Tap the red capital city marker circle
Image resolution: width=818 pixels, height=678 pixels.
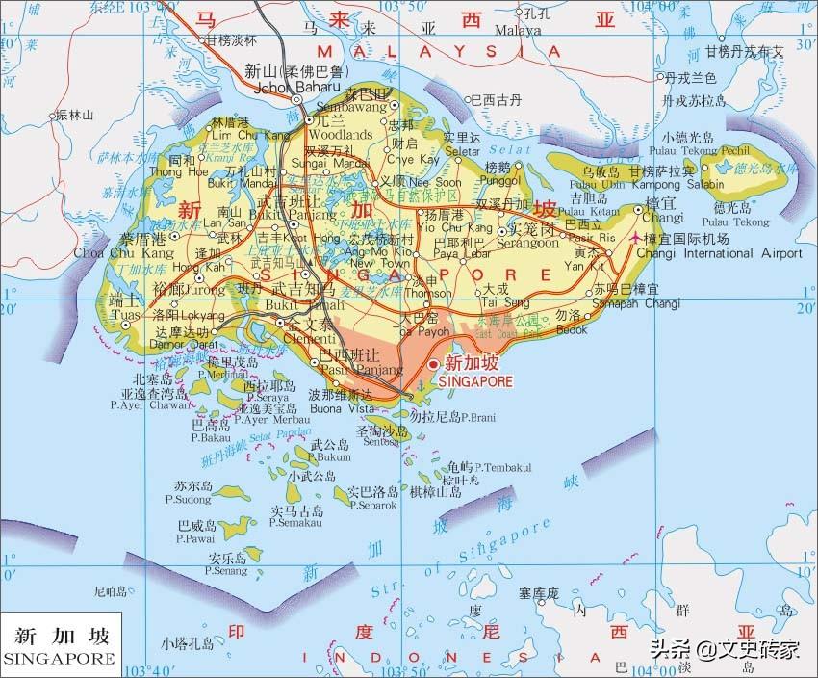pos(433,364)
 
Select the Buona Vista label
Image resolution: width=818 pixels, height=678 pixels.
pos(340,408)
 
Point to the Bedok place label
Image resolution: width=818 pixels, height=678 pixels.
pos(572,328)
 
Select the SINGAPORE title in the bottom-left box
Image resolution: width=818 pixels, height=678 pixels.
pos(59,658)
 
